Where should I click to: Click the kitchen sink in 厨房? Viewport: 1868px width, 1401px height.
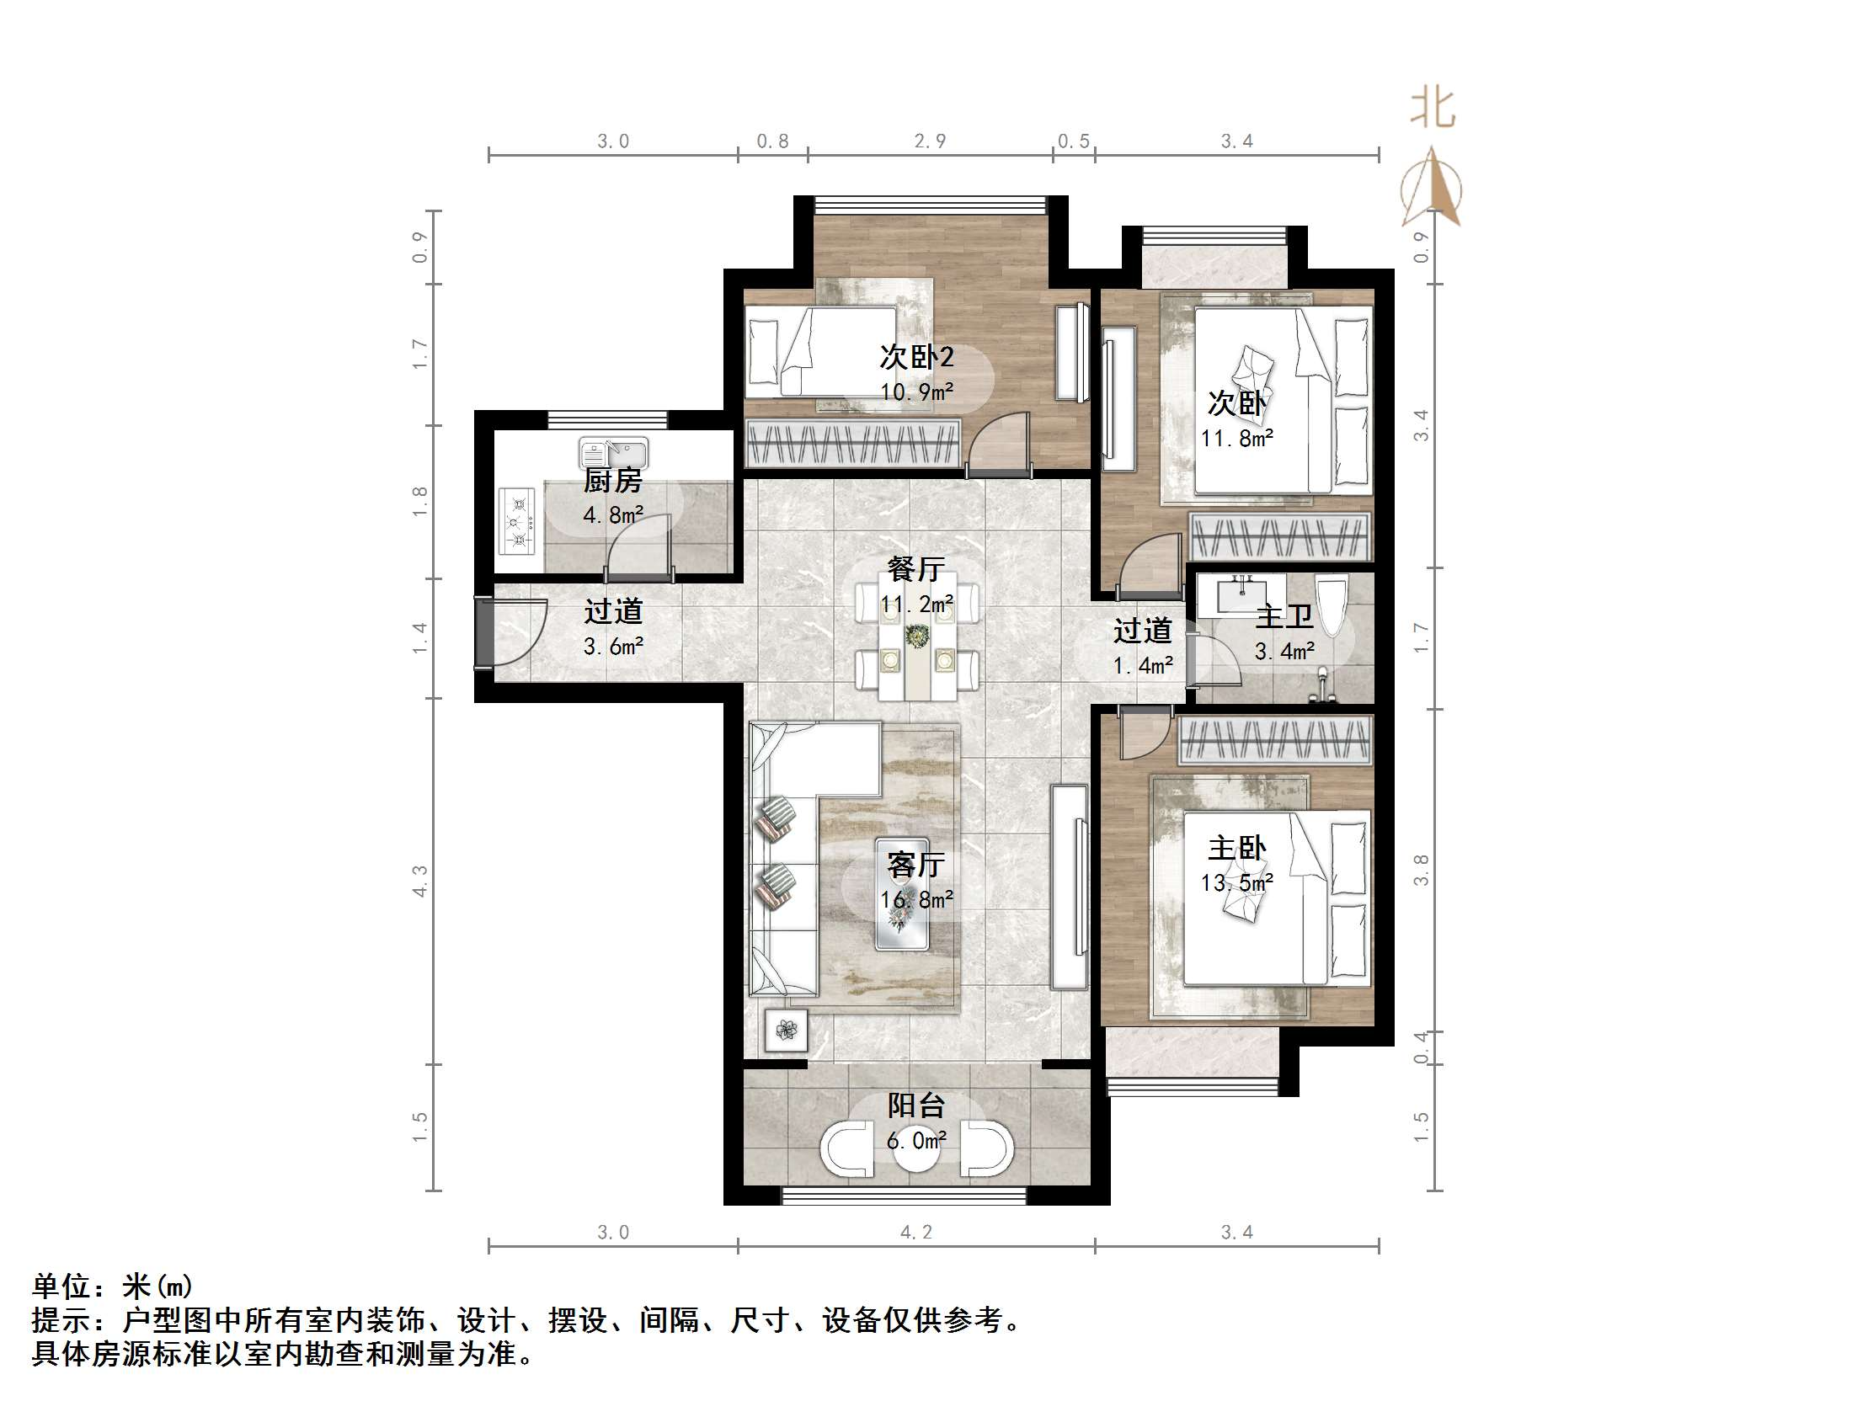click(613, 453)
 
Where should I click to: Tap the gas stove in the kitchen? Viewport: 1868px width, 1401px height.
click(517, 521)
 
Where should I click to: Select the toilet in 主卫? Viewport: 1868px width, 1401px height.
click(1332, 605)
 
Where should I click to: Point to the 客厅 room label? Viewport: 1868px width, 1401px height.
click(915, 865)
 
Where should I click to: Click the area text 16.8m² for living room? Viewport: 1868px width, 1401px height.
click(916, 900)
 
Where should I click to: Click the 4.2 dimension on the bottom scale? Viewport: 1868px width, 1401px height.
click(915, 1232)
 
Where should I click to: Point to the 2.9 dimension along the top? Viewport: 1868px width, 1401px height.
click(930, 141)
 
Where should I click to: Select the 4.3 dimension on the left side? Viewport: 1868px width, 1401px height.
click(419, 881)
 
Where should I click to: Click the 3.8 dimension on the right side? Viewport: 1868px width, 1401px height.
click(1422, 870)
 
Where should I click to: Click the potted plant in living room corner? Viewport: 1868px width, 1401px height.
click(787, 1030)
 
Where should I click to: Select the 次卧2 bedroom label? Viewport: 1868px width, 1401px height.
click(916, 357)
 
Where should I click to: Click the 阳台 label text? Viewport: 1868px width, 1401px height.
click(915, 1105)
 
